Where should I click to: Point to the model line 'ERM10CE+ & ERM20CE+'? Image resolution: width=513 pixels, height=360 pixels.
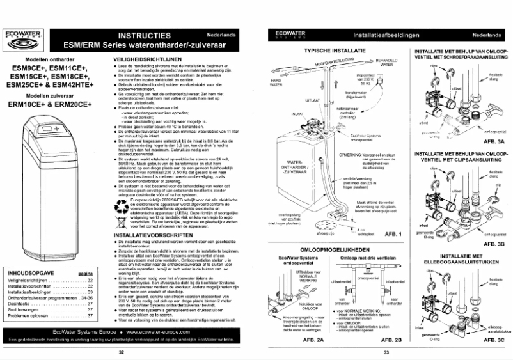click(52, 104)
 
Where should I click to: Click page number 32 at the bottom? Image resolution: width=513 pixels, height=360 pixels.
click(122, 351)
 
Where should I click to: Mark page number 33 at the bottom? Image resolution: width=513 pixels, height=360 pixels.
click(386, 351)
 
